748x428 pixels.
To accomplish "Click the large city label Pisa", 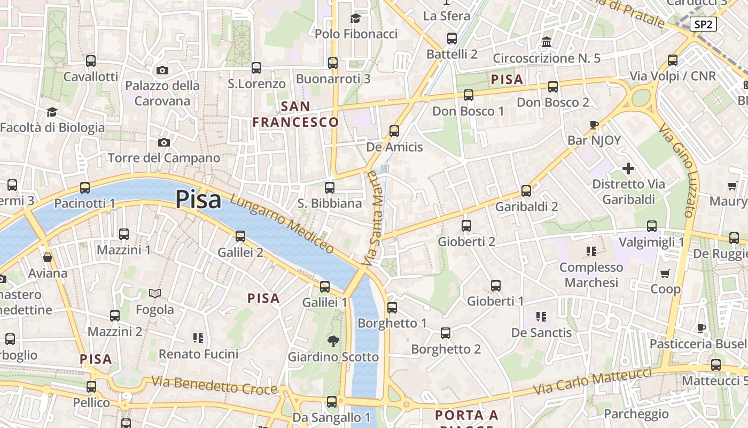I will (x=198, y=200).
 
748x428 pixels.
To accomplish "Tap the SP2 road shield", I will (x=703, y=24).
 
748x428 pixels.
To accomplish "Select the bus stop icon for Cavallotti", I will (x=91, y=61).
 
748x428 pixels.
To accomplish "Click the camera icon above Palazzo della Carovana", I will (x=162, y=70).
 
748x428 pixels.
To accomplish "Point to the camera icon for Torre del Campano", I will (x=164, y=142).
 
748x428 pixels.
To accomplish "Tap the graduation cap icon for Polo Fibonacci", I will (x=356, y=19).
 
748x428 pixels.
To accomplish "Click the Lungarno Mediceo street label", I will (x=283, y=224).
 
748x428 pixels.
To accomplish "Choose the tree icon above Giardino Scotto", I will (x=333, y=341).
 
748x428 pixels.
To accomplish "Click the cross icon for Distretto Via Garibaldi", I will (x=628, y=169).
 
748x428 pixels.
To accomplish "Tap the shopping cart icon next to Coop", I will (x=665, y=274).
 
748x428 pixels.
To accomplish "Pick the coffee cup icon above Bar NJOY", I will (x=594, y=125).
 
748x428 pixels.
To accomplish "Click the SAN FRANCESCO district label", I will (x=295, y=114).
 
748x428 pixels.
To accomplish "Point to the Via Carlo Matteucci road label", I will (x=594, y=382).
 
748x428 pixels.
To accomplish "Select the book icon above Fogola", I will (x=155, y=294).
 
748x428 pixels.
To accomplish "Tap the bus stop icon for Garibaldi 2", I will (x=526, y=191).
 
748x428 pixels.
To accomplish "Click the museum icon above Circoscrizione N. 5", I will (x=547, y=42).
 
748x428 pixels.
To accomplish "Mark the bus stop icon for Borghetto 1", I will (x=392, y=308).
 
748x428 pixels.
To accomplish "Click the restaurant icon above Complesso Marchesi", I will (x=591, y=251).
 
